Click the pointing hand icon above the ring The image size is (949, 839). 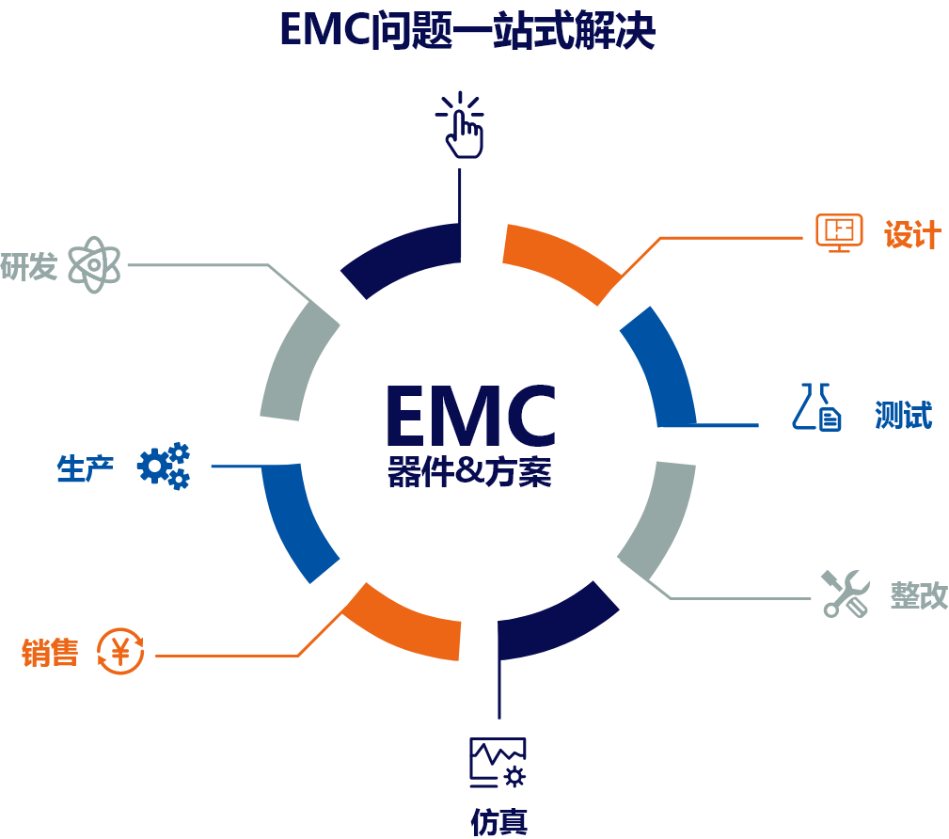pos(460,127)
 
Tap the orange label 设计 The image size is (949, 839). pos(911,235)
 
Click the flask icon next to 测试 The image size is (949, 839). pos(815,407)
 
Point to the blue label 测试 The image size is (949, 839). pos(903,414)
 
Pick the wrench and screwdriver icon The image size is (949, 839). pos(845,593)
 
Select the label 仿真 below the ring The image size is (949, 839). pos(498,821)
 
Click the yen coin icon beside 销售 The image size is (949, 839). pos(121,651)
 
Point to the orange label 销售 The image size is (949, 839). pos(50,652)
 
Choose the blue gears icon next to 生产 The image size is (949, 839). pos(164,466)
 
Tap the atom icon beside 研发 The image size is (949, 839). pos(94,264)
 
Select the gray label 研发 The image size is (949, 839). pos(29,266)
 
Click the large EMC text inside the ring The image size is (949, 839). pos(470,416)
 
